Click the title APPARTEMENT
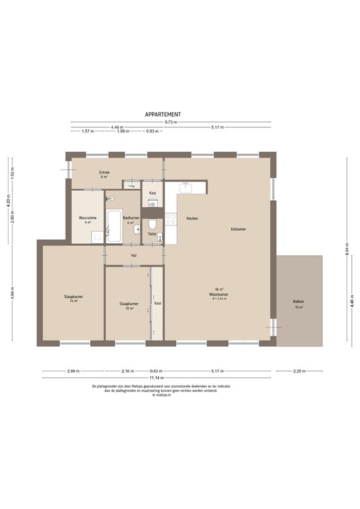[x=162, y=114]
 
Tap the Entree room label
[x=105, y=173]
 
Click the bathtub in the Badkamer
[x=114, y=226]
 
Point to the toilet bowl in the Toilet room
[x=152, y=222]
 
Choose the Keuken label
[x=192, y=218]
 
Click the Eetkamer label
[x=238, y=229]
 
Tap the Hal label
[x=133, y=255]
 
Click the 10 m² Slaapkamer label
[x=129, y=305]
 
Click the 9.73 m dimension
[x=171, y=122]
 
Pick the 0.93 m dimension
[x=152, y=131]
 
